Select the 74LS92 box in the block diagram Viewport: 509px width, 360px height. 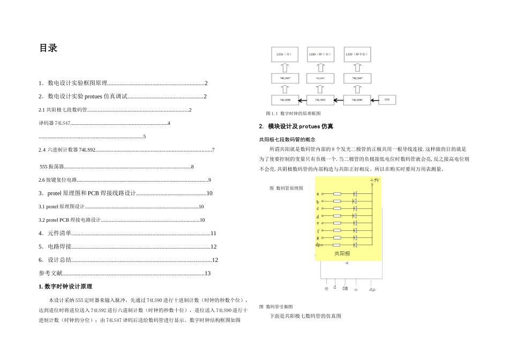(320, 100)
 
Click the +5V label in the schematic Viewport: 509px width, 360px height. (375, 181)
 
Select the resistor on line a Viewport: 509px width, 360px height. (337, 193)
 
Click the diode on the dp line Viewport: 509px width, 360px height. (355, 244)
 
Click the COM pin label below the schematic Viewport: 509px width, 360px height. (345, 288)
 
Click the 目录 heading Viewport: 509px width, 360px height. (48, 48)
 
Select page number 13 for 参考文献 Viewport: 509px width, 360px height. (207, 274)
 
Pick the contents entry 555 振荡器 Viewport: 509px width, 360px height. (52, 167)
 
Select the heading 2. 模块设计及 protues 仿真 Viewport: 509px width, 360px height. (296, 127)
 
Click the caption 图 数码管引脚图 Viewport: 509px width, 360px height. (276, 306)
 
